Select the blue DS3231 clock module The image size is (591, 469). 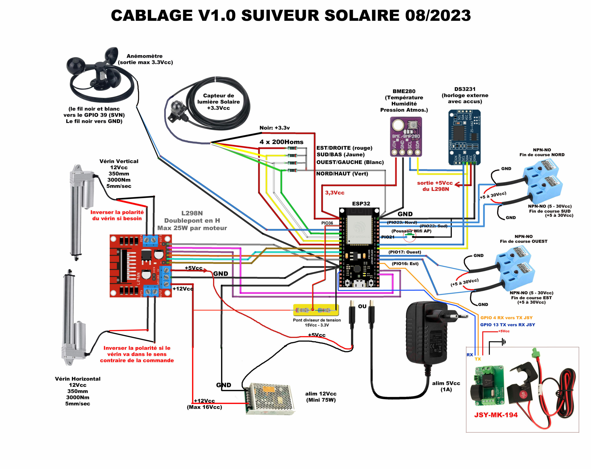(x=464, y=137)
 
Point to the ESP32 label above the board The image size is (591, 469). (x=361, y=203)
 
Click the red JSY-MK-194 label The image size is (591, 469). (x=496, y=415)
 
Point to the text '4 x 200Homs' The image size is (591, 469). (x=281, y=142)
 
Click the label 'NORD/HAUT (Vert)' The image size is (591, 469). (x=342, y=174)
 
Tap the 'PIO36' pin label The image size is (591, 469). (x=327, y=223)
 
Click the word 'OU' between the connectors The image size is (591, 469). (x=362, y=306)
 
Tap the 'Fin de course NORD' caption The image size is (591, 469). (x=542, y=155)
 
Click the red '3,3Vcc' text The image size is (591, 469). (x=335, y=193)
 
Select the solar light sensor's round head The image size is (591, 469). (x=175, y=107)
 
